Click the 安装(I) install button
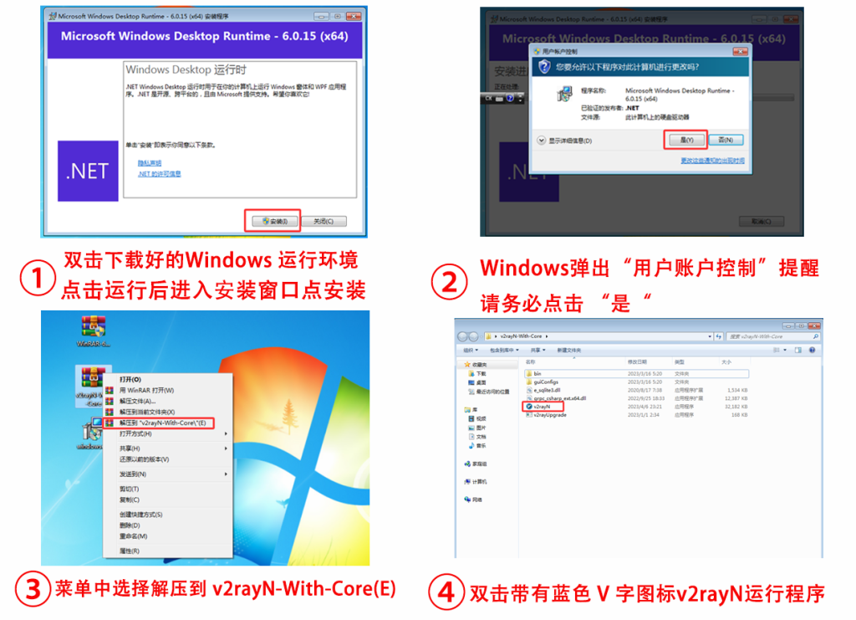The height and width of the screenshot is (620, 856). pyautogui.click(x=273, y=221)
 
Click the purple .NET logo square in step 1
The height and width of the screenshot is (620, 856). pyautogui.click(x=88, y=171)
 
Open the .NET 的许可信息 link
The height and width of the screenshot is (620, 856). pyautogui.click(x=160, y=174)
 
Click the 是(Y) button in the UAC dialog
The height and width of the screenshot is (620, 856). pyautogui.click(x=685, y=140)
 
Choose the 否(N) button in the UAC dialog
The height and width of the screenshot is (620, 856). pyautogui.click(x=725, y=140)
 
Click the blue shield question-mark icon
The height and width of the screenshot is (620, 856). pyautogui.click(x=545, y=67)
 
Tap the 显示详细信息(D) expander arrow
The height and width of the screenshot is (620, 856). pyautogui.click(x=542, y=141)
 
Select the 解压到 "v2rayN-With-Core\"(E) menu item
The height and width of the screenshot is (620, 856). pyautogui.click(x=164, y=423)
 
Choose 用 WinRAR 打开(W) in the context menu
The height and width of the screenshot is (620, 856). pyautogui.click(x=147, y=390)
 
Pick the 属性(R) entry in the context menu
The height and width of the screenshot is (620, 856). pyautogui.click(x=130, y=551)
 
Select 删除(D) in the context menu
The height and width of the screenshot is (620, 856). pyautogui.click(x=130, y=525)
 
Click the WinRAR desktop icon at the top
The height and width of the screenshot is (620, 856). pyautogui.click(x=93, y=330)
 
